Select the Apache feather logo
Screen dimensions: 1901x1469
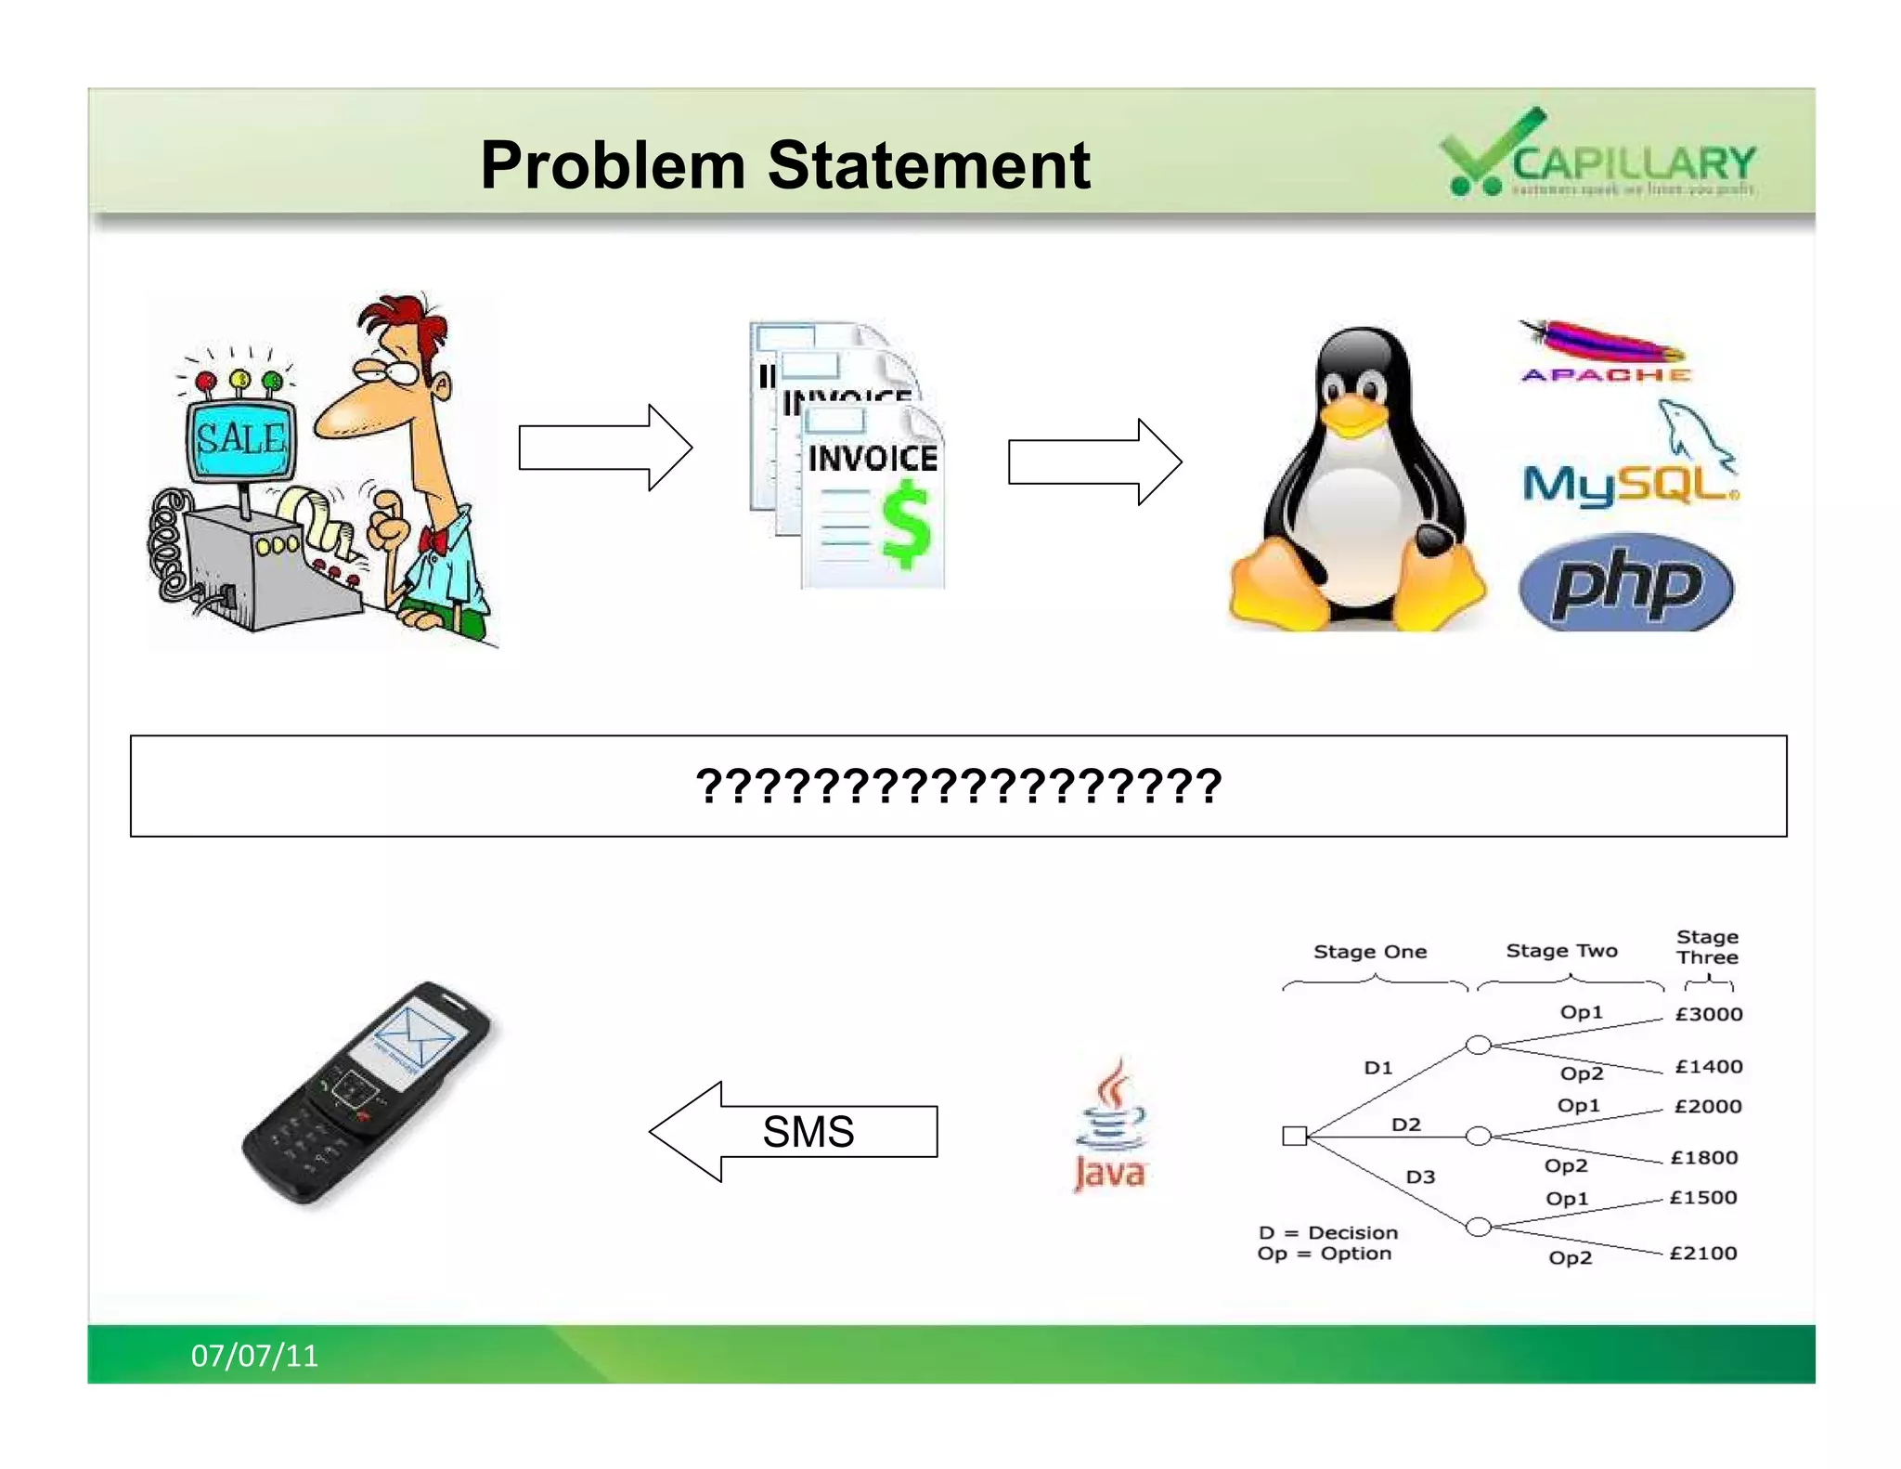[1603, 344]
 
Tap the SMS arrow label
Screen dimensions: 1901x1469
[808, 1131]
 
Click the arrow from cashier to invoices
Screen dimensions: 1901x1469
[604, 448]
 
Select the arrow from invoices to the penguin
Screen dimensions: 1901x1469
[1094, 461]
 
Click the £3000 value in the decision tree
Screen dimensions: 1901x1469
[1708, 1014]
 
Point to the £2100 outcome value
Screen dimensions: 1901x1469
[1702, 1253]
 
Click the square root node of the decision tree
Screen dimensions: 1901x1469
[1294, 1136]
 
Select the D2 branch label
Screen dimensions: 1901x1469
[1405, 1124]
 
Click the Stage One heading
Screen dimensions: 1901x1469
[1370, 952]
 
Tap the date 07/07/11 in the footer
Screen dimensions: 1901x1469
[254, 1356]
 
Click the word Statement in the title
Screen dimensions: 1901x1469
[928, 165]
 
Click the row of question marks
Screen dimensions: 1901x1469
[958, 786]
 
